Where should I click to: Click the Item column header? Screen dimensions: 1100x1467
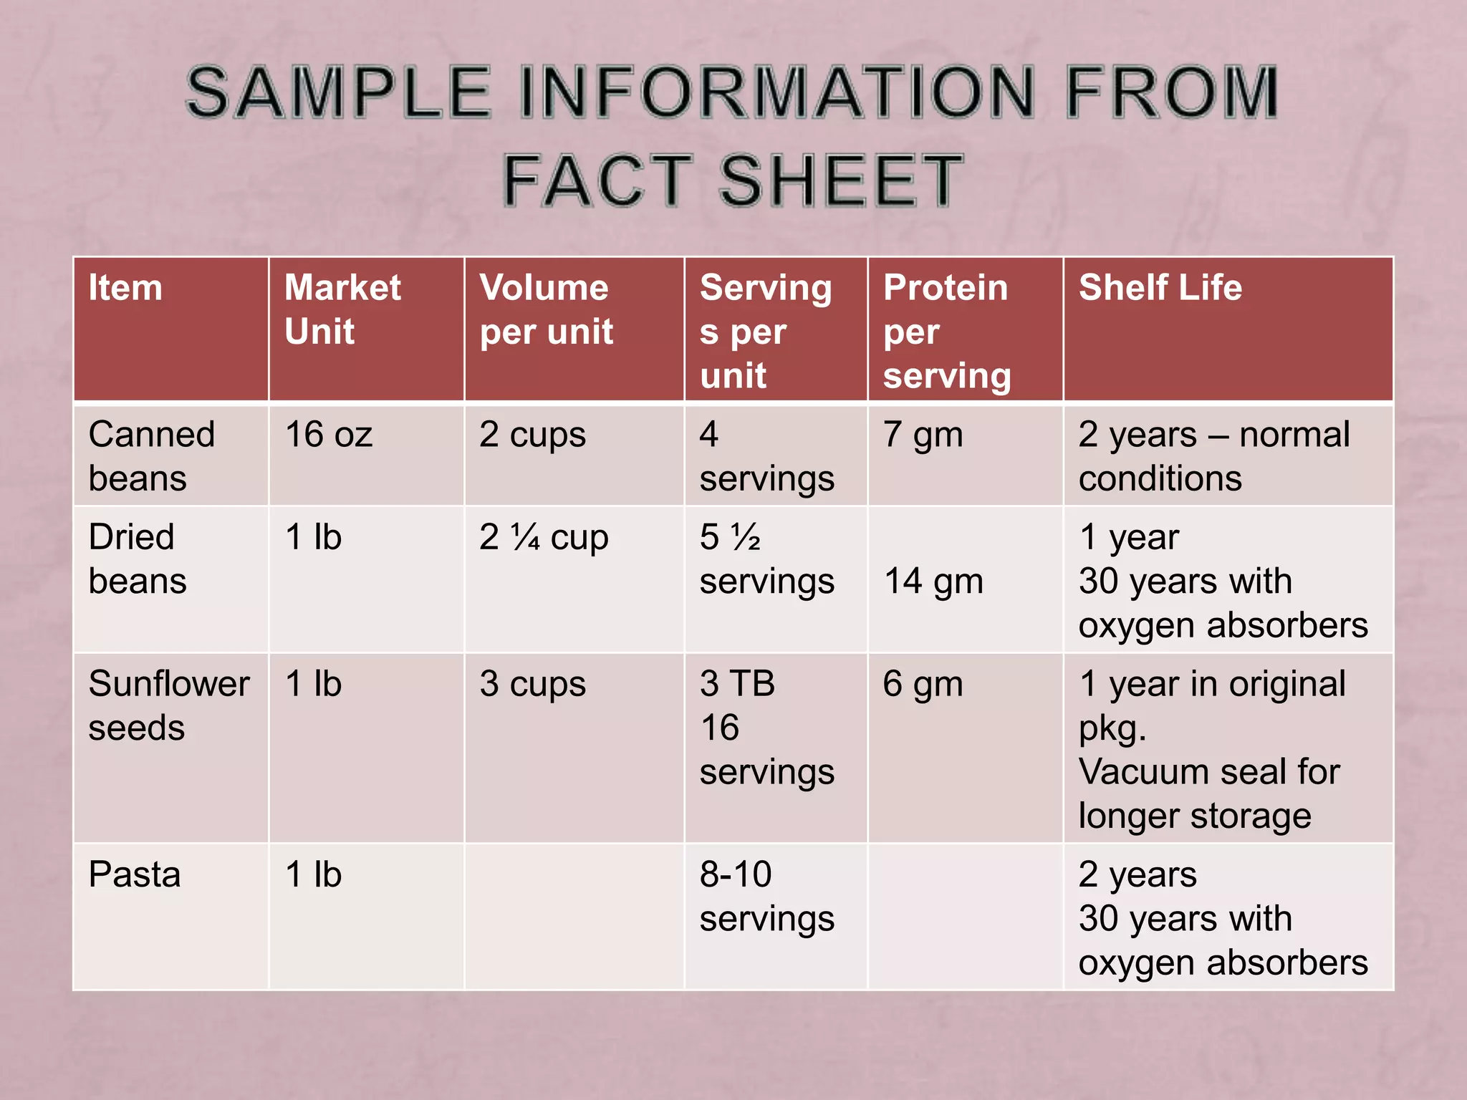[x=125, y=288]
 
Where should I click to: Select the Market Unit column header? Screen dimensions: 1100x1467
[x=342, y=309]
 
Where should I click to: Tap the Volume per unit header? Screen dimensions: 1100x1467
[x=546, y=309]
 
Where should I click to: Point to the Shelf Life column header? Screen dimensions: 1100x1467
[x=1160, y=288]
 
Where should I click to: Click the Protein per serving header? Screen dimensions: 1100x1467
[x=946, y=332]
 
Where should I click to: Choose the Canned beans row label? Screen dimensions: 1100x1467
[x=151, y=456]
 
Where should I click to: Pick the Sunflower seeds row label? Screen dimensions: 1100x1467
[x=169, y=705]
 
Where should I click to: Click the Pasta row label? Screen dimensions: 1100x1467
[x=135, y=874]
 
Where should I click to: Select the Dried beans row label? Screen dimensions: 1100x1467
[x=137, y=559]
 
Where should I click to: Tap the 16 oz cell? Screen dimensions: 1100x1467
[x=329, y=435]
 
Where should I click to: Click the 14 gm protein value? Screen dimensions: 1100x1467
[x=933, y=581]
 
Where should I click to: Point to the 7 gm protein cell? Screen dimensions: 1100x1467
[x=923, y=435]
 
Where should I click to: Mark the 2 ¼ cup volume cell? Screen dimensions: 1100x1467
[x=544, y=537]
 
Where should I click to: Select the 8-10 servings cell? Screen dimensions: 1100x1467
[x=766, y=896]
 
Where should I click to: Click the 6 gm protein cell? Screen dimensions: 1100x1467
[x=923, y=684]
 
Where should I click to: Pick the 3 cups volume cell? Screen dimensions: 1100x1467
[x=532, y=684]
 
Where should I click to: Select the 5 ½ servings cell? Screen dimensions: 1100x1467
[x=766, y=559]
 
